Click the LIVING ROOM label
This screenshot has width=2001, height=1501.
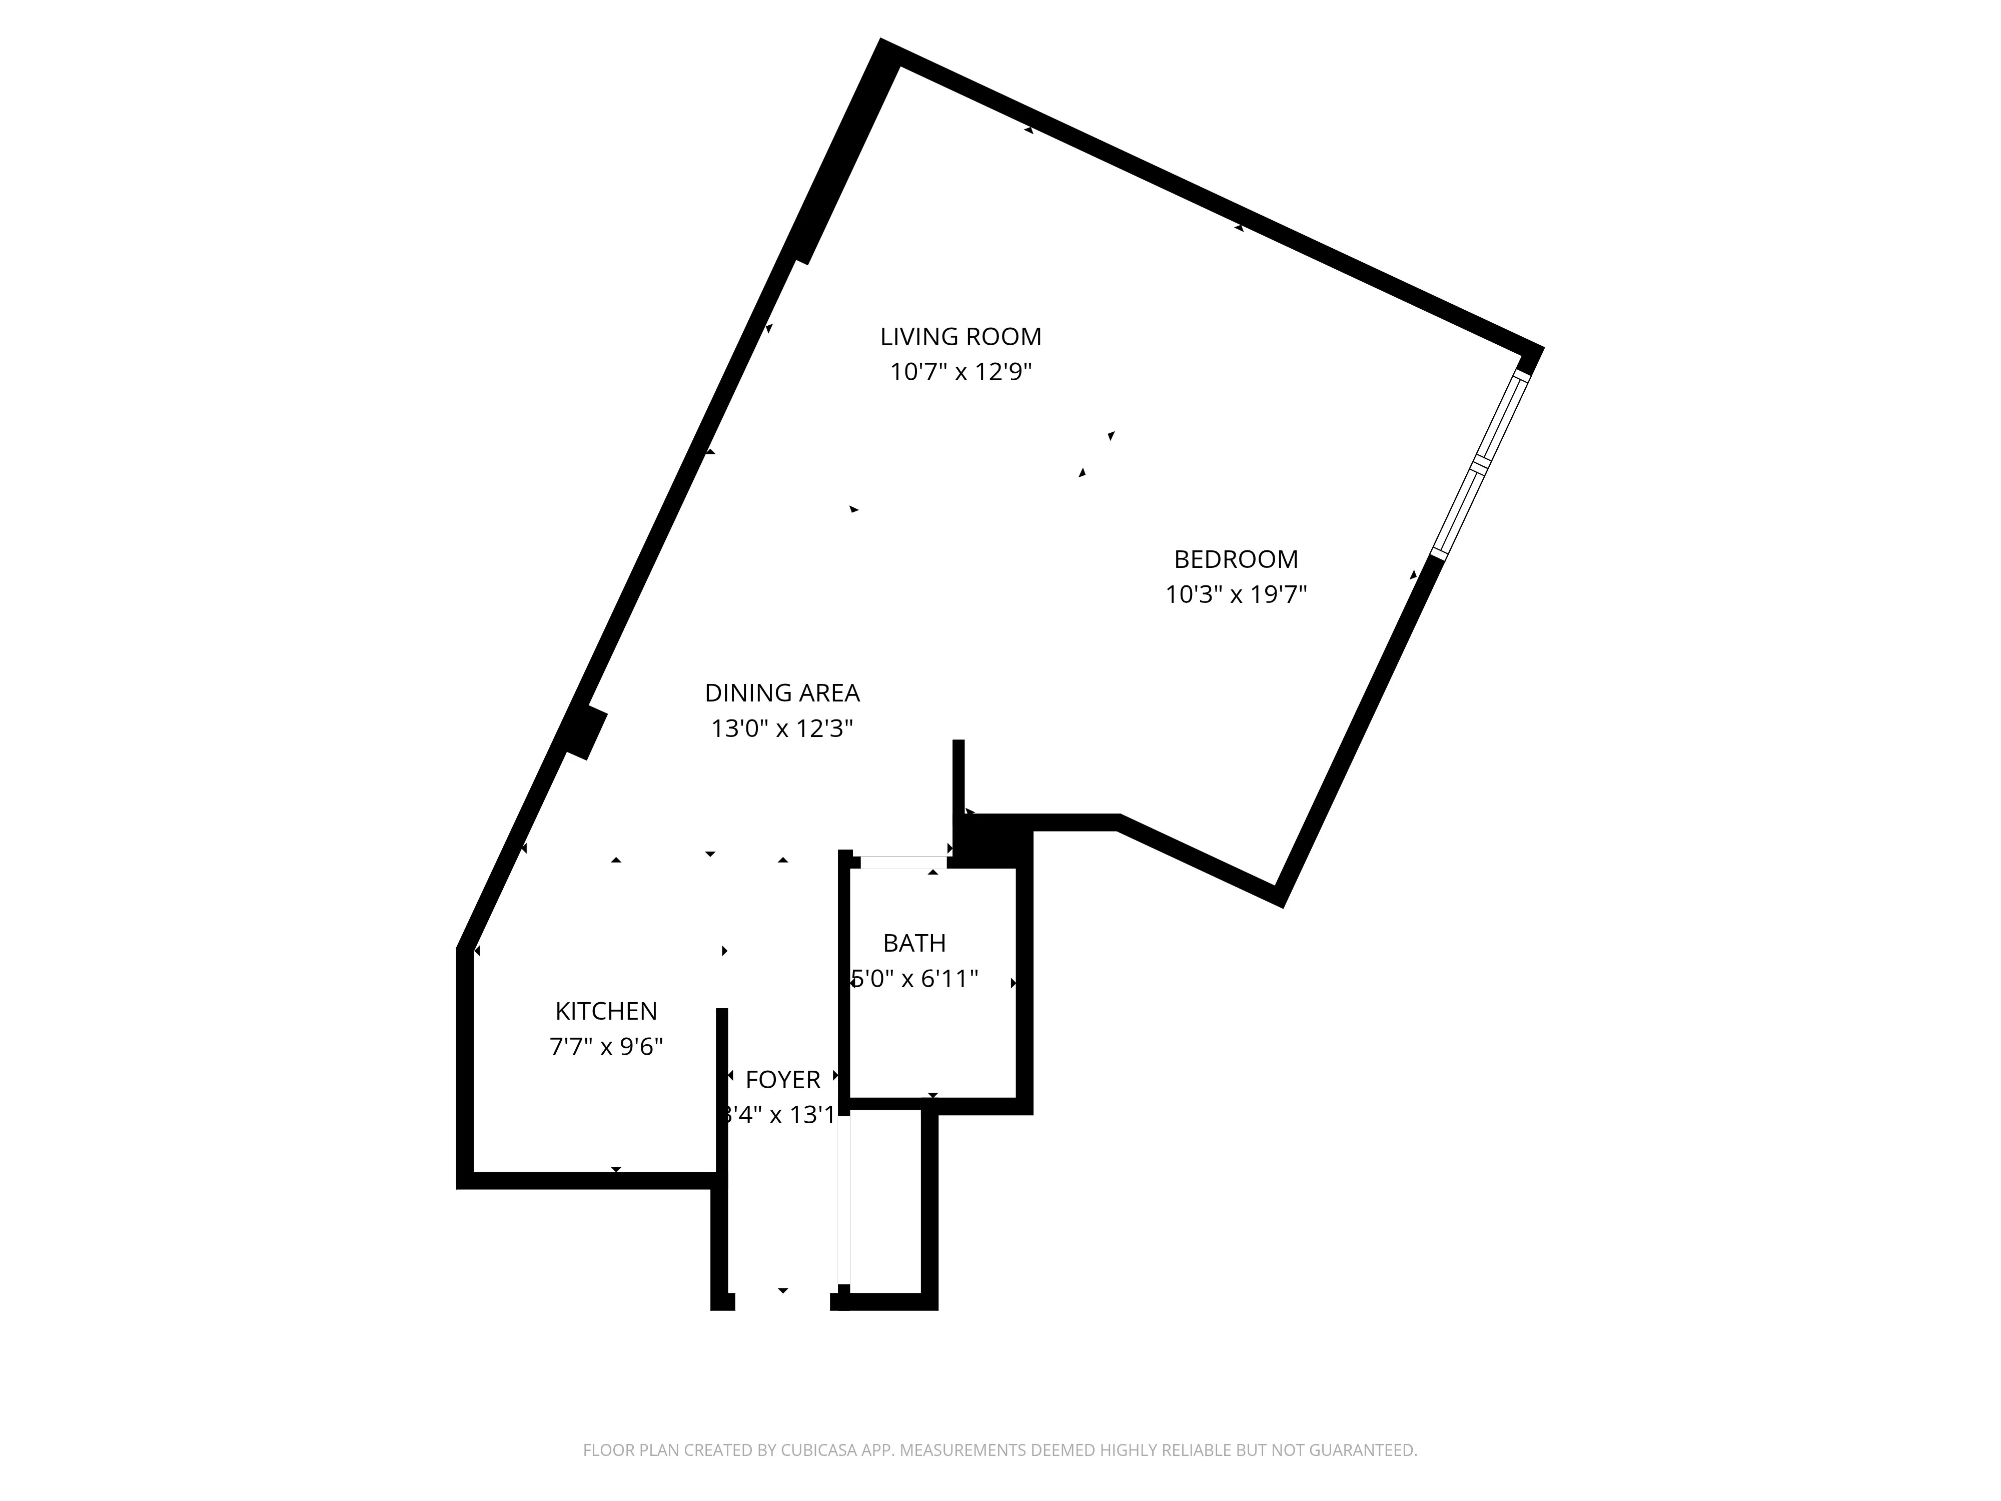(960, 337)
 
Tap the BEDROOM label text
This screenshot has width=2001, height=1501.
(1236, 559)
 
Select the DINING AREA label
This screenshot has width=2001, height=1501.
(781, 693)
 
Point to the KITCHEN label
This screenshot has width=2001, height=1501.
(606, 1011)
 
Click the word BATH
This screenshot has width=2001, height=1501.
(914, 943)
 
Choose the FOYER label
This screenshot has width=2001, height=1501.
(782, 1079)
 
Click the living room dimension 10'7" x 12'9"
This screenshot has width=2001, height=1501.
(960, 372)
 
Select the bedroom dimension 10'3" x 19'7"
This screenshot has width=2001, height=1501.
(1236, 594)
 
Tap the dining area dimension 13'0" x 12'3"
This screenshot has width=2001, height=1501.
(781, 728)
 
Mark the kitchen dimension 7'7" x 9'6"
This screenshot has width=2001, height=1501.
(606, 1047)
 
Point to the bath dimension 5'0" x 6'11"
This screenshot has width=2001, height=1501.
(914, 979)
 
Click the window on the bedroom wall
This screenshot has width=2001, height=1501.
(1480, 463)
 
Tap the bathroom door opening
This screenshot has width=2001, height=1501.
(903, 862)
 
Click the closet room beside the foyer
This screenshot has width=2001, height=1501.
(885, 1201)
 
